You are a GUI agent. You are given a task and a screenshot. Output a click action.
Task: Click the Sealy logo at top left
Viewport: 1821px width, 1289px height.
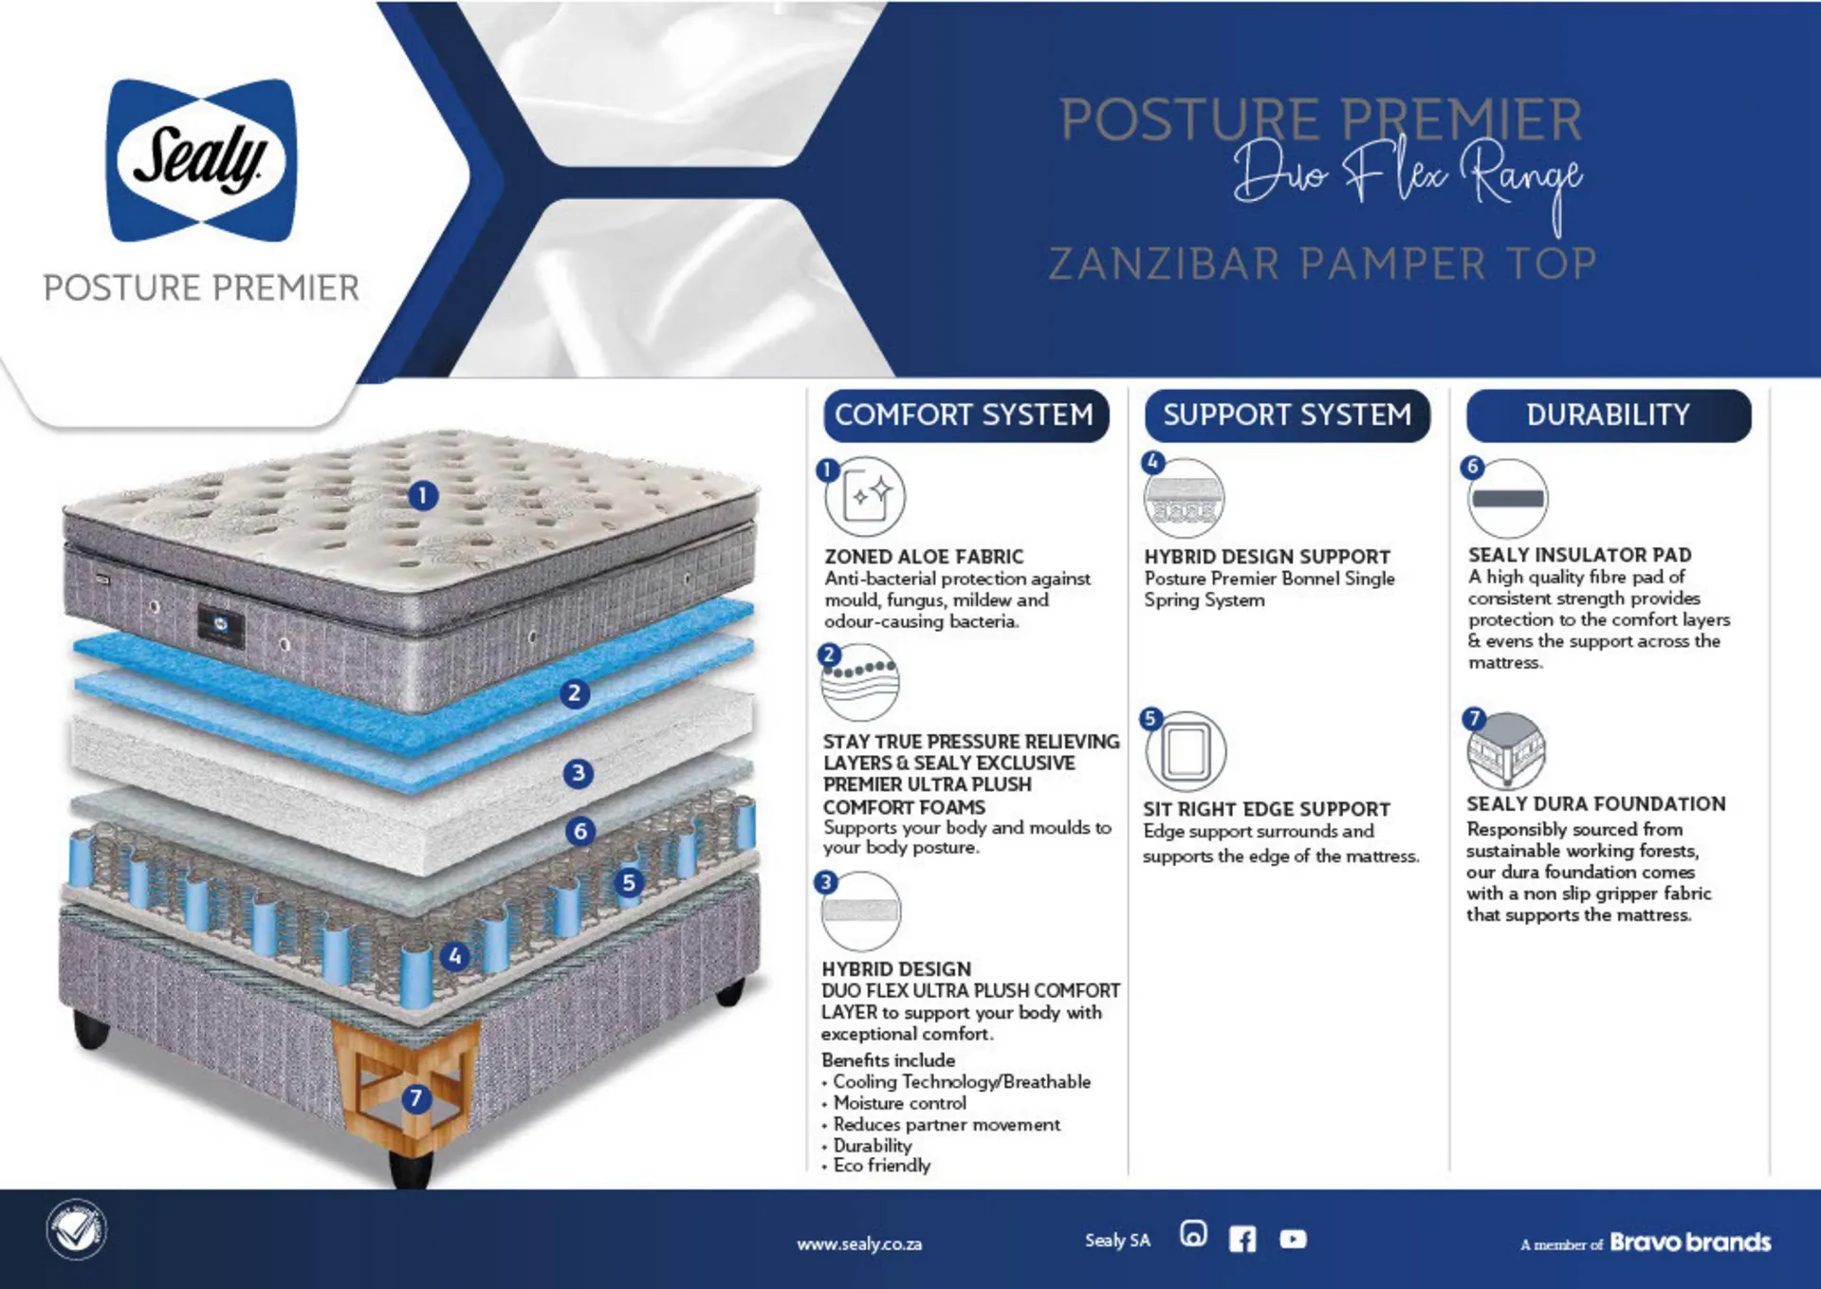click(x=201, y=159)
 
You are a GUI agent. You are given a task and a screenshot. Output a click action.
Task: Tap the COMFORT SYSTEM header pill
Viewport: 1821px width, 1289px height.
click(x=966, y=415)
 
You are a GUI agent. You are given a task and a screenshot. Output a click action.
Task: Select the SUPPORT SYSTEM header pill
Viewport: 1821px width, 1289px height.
click(x=1287, y=415)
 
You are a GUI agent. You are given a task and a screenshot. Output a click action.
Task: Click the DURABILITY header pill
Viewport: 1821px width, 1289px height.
click(x=1609, y=415)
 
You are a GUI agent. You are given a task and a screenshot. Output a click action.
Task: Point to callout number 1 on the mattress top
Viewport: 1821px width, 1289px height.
click(x=423, y=495)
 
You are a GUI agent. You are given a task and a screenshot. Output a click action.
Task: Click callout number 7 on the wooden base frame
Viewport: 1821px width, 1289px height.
click(x=415, y=1098)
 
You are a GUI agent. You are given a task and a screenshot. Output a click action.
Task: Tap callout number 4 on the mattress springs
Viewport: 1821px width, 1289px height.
click(x=455, y=956)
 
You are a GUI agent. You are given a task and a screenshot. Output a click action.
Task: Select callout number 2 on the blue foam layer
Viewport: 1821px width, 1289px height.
click(x=574, y=693)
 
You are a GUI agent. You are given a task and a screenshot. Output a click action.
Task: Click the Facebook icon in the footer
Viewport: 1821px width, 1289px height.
click(x=1242, y=1239)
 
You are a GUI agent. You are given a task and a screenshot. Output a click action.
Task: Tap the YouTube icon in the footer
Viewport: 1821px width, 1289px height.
click(x=1293, y=1239)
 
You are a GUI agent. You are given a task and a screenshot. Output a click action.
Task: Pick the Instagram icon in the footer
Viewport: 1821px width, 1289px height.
click(x=1193, y=1233)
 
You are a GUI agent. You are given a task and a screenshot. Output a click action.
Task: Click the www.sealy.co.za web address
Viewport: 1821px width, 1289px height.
click(x=859, y=1243)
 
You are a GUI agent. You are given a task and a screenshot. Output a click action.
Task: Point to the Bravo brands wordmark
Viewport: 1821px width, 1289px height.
click(x=1690, y=1242)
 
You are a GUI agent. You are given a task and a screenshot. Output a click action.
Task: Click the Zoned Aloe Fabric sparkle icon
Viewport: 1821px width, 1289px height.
click(x=866, y=496)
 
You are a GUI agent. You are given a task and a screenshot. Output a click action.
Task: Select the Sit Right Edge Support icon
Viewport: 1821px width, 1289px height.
click(x=1186, y=751)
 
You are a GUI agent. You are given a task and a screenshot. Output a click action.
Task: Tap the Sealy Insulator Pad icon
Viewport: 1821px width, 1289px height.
click(x=1508, y=499)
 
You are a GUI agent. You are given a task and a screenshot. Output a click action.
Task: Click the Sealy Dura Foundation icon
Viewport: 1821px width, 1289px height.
click(x=1506, y=750)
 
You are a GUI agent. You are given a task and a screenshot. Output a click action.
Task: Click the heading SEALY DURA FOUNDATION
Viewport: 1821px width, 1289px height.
click(x=1596, y=804)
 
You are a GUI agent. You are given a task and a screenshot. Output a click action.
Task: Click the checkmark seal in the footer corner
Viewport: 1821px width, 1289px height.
click(x=77, y=1230)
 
